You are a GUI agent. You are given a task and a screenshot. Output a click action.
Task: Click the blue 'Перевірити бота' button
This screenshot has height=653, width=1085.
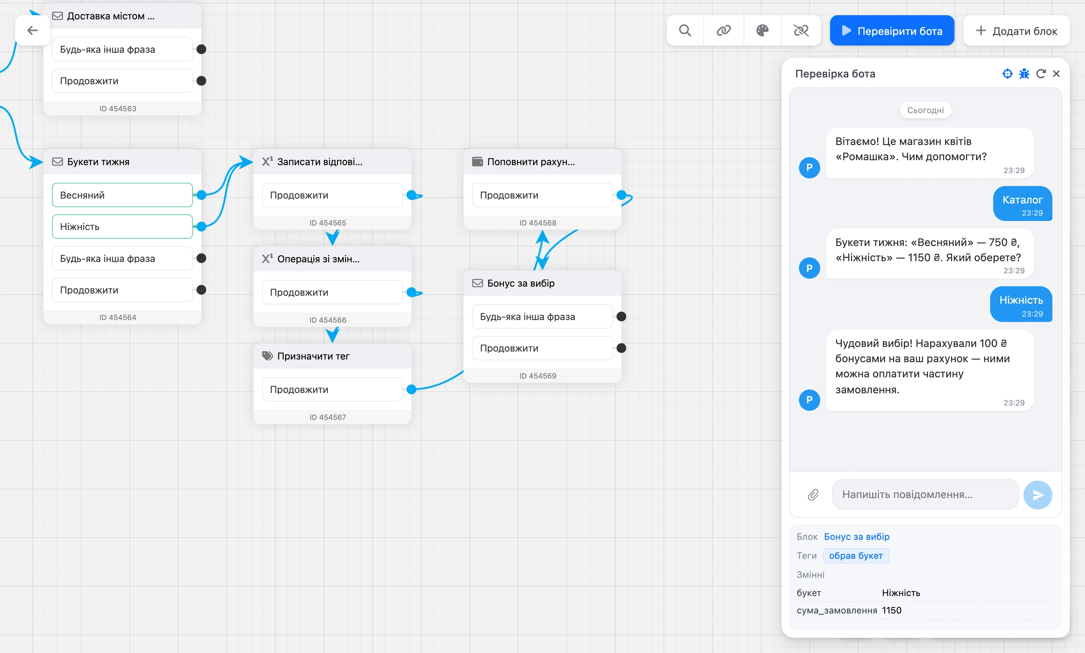[892, 31]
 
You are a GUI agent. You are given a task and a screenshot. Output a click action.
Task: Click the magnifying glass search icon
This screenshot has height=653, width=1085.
[685, 30]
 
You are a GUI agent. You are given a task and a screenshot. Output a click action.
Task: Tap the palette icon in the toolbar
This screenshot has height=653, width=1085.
[762, 30]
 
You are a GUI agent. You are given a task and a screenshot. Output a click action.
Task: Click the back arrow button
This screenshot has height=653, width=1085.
[33, 30]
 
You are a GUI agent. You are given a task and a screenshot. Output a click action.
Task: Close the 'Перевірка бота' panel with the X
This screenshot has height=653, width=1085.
[1056, 74]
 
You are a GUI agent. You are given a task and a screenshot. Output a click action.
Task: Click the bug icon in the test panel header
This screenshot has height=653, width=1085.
[1024, 74]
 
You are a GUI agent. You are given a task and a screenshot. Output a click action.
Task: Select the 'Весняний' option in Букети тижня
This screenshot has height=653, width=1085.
[122, 195]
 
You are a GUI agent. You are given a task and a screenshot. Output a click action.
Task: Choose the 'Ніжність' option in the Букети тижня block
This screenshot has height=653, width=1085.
[122, 227]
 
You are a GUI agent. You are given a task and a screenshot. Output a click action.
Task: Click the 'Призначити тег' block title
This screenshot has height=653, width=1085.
[313, 356]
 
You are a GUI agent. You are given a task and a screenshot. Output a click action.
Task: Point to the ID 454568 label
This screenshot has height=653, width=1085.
[538, 222]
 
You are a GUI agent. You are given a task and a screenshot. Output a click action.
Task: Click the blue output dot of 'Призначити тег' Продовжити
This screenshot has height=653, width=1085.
[412, 390]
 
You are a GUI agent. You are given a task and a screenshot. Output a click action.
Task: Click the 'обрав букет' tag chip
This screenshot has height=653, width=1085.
[855, 556]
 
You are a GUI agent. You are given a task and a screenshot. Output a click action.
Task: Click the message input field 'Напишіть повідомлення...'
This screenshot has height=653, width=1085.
[925, 495]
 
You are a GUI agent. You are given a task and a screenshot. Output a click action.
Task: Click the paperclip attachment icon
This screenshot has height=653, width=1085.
[813, 495]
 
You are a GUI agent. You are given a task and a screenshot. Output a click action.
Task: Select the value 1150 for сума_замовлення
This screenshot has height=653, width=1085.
[892, 610]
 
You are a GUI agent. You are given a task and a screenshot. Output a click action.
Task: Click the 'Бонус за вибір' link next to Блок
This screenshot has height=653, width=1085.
[856, 537]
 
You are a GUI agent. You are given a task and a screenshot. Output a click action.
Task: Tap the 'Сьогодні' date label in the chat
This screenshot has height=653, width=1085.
[925, 110]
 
